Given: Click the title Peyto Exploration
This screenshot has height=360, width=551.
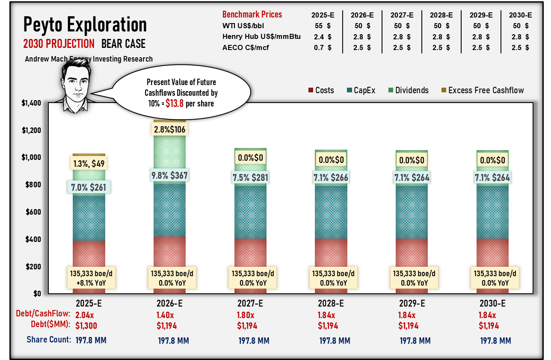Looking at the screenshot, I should click(x=85, y=24).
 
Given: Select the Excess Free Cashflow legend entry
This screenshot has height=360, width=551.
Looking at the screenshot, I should click(x=486, y=90).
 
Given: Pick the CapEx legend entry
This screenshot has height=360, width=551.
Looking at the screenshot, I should click(x=364, y=90).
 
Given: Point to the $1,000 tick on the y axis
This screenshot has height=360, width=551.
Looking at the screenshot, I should click(x=32, y=157).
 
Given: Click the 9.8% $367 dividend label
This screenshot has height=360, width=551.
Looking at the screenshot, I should click(x=170, y=175).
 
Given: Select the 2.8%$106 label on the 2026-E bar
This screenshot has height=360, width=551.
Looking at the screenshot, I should click(x=170, y=129).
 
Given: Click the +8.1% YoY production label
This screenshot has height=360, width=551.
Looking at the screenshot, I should click(x=89, y=283).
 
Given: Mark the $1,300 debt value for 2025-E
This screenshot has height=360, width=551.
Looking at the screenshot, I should click(x=86, y=326).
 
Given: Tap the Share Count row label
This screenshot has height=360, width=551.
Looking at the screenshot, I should click(x=48, y=339).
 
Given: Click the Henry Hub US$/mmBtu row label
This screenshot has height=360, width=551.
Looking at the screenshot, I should click(x=261, y=37).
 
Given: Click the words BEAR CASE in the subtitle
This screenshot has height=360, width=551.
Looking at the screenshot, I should click(x=123, y=44).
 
